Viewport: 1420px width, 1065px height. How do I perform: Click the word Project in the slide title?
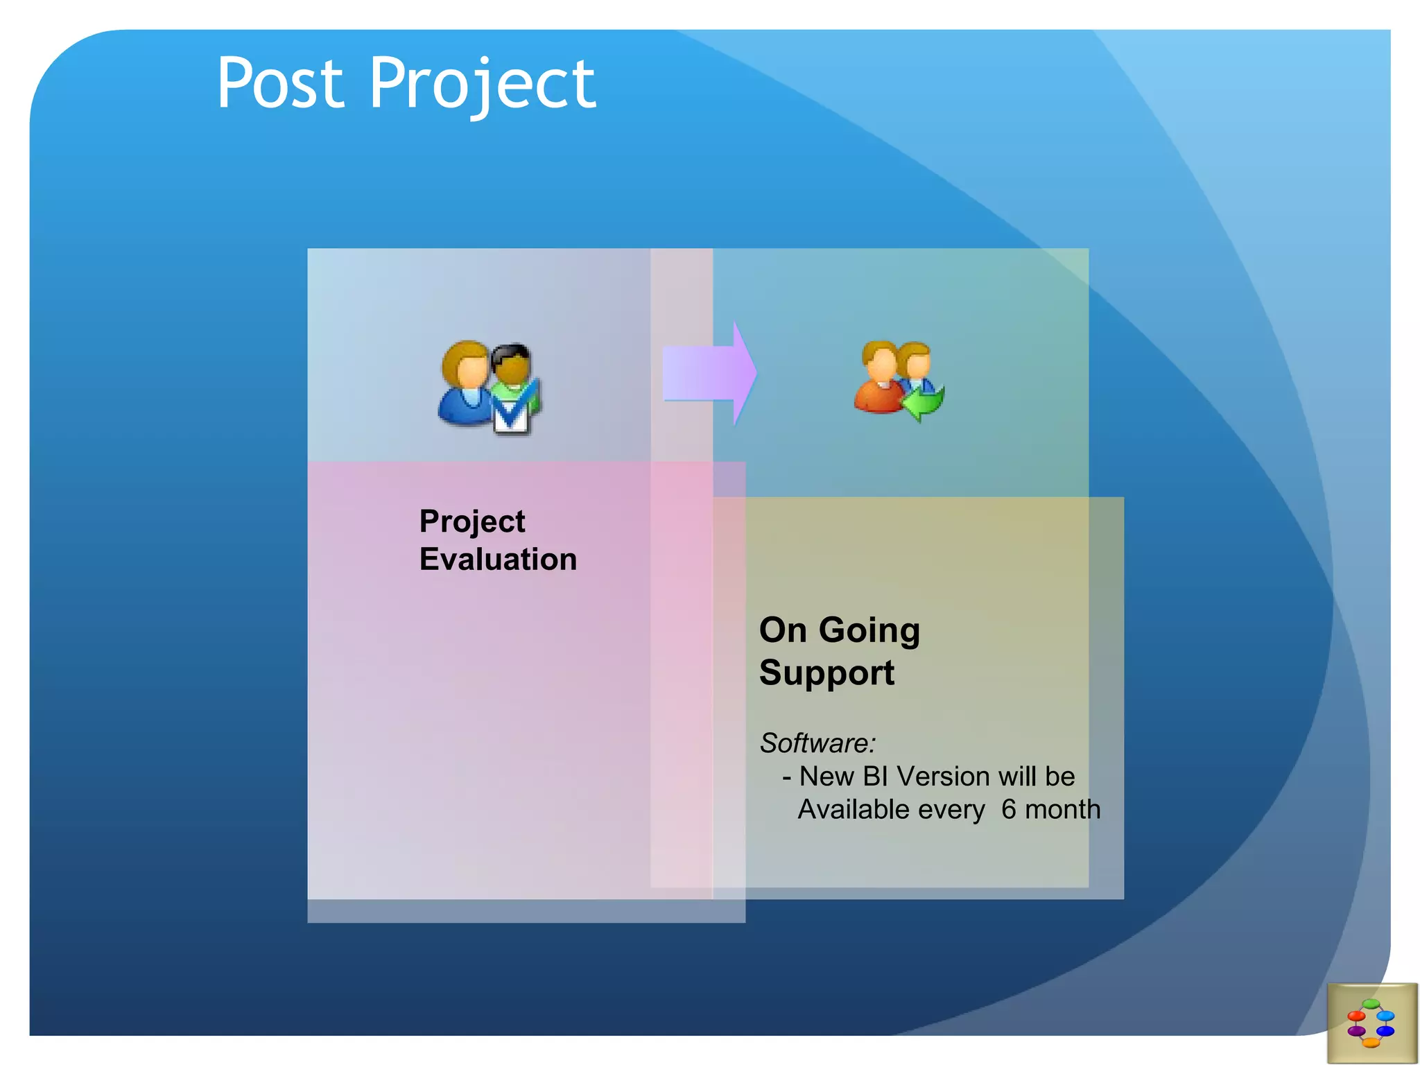click(x=481, y=85)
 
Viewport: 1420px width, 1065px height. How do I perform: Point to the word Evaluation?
click(x=498, y=559)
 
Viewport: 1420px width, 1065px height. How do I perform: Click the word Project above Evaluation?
click(x=471, y=521)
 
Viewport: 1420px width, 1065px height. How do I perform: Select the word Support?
click(x=826, y=673)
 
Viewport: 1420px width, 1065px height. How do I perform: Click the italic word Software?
click(x=817, y=743)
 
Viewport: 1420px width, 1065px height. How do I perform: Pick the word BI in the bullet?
click(x=875, y=777)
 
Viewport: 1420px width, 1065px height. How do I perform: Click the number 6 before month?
click(x=1008, y=810)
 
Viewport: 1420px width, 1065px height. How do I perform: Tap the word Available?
click(x=891, y=810)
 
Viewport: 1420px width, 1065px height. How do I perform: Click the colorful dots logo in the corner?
click(x=1371, y=1023)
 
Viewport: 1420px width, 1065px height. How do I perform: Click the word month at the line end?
click(x=1062, y=810)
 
